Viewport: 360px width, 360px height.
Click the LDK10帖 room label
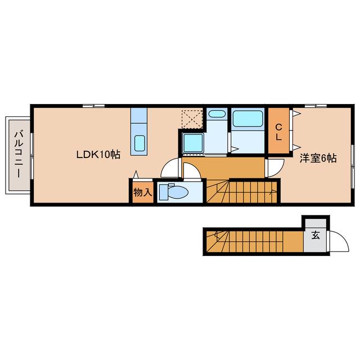(98, 155)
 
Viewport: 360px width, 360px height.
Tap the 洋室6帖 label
(318, 159)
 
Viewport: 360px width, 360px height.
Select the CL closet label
(278, 132)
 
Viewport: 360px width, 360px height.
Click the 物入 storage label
(143, 192)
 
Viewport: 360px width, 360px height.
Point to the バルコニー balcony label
(19, 154)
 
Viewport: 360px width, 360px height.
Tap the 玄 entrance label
(316, 235)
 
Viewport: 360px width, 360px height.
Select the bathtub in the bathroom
(247, 119)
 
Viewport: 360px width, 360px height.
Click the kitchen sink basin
(139, 143)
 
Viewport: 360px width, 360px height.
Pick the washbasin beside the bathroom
(217, 114)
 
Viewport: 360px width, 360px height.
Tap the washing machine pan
(193, 143)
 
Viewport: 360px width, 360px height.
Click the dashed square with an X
(192, 119)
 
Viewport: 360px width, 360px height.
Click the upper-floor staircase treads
(242, 192)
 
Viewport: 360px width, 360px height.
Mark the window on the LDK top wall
(94, 106)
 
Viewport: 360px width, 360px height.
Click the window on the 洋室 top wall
(316, 106)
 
